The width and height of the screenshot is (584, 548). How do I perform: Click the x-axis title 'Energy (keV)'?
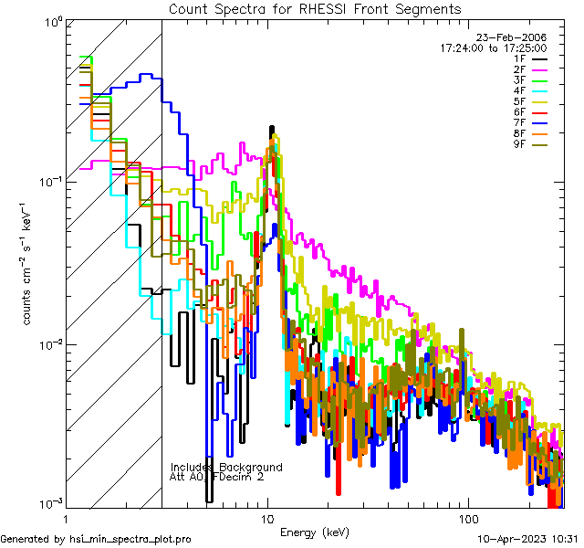313,532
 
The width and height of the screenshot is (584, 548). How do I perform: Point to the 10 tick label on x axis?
267,518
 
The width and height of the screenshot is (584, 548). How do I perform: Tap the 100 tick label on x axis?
467,518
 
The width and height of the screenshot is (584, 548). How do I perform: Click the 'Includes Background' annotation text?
226,468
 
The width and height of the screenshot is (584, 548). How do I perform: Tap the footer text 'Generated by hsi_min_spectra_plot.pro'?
96,540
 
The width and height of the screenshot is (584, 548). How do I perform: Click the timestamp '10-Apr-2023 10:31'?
530,540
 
